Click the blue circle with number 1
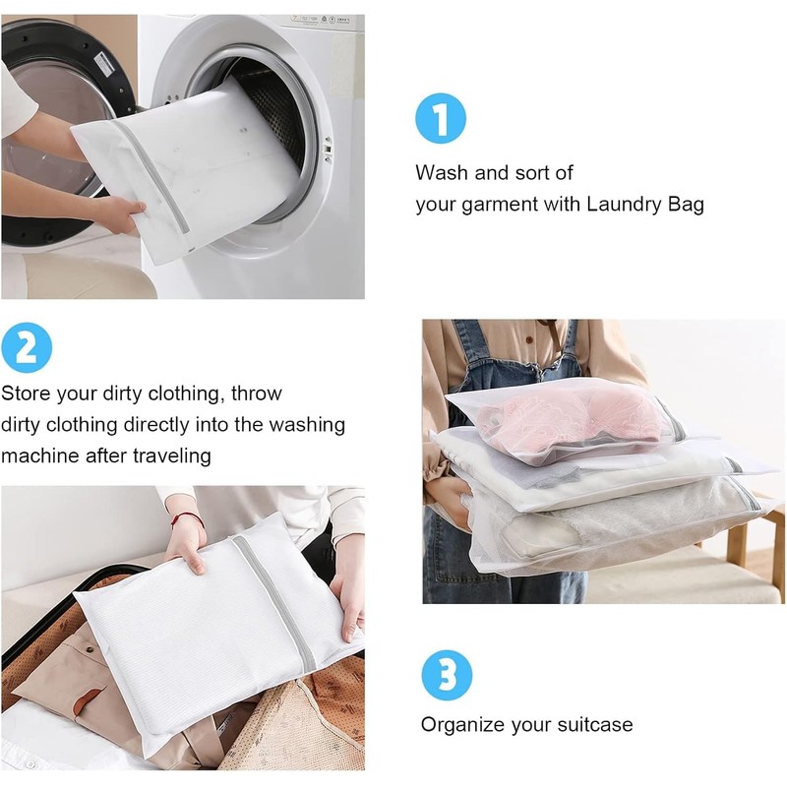click(440, 119)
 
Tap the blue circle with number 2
click(26, 347)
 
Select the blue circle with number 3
click(447, 677)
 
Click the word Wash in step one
click(441, 173)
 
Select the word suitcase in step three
click(594, 725)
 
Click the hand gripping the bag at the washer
click(118, 212)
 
